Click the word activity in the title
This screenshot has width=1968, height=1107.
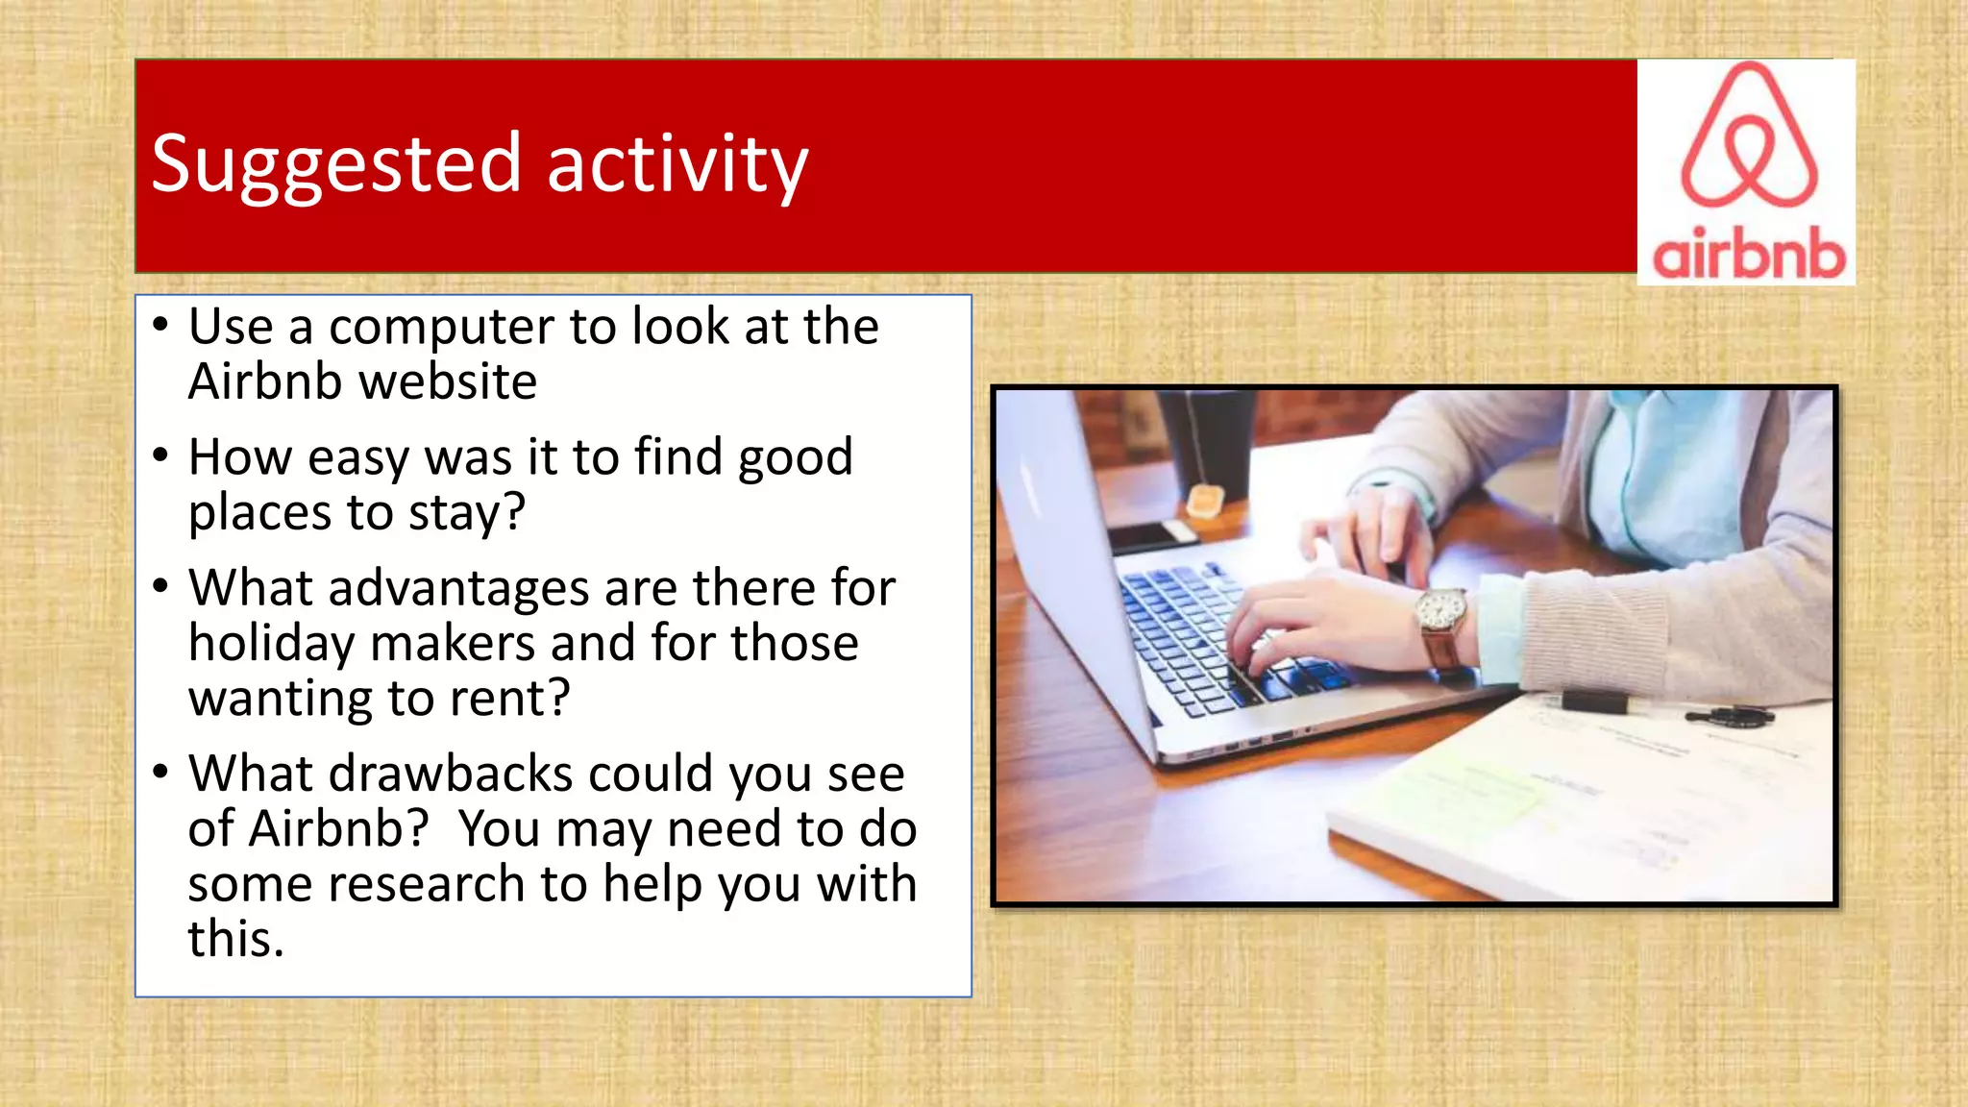(x=677, y=165)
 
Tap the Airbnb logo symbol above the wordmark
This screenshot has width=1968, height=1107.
(x=1749, y=136)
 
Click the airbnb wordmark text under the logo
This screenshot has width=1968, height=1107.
(x=1748, y=255)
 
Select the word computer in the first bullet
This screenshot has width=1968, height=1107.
(x=441, y=328)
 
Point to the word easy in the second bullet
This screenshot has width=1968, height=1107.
(x=357, y=457)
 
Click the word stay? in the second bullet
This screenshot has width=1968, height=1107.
(x=467, y=513)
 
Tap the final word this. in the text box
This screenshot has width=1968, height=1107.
(x=235, y=940)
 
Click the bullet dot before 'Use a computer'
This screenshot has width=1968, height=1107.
(x=160, y=324)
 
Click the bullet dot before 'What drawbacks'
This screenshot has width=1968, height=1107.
(x=160, y=771)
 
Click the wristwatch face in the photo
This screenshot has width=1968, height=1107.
(x=1440, y=608)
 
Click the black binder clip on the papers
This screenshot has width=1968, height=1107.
(x=1594, y=701)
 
